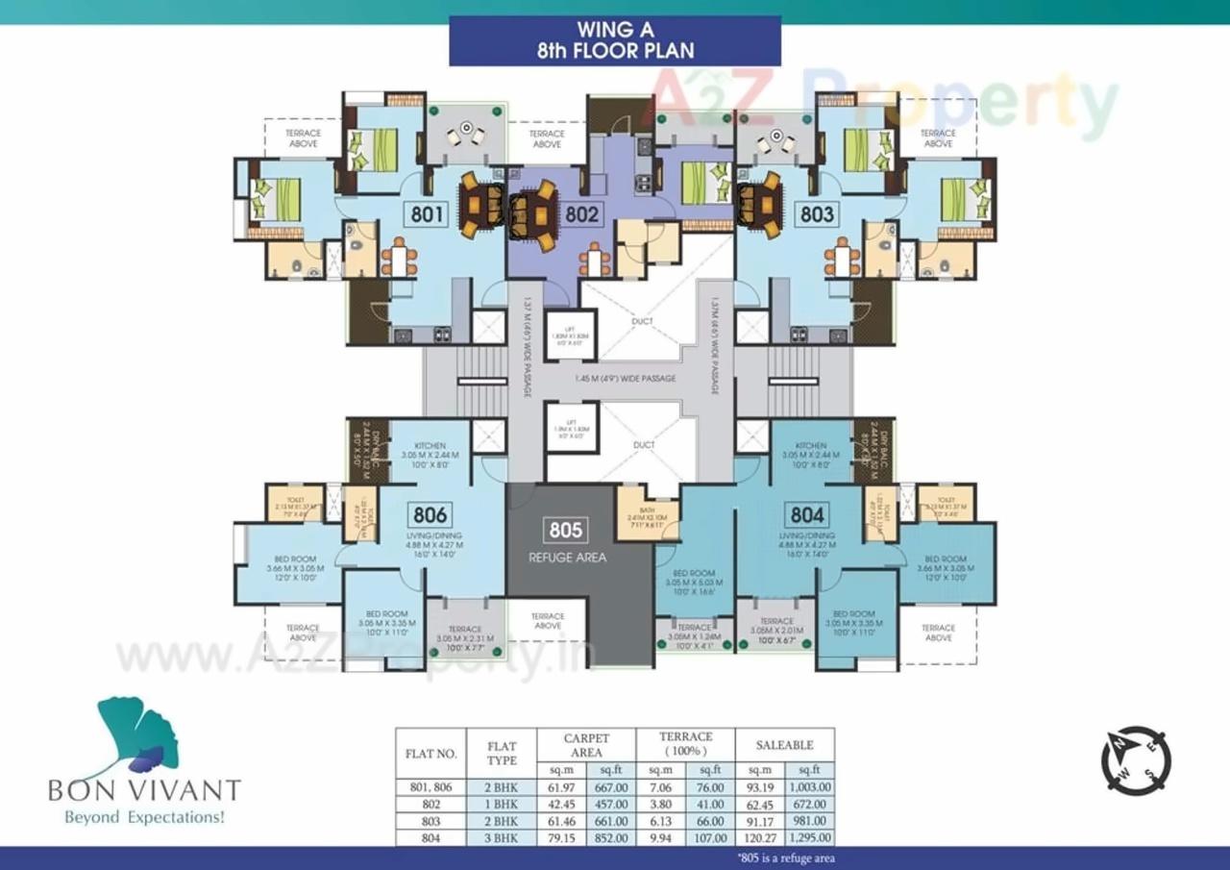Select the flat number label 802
[x=581, y=213]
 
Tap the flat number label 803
[x=818, y=213]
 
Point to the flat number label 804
[x=806, y=513]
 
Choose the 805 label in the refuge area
[x=567, y=529]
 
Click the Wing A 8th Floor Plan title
[x=615, y=41]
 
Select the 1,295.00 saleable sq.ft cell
[x=809, y=838]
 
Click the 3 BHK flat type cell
[x=503, y=838]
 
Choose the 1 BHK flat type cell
[x=503, y=805]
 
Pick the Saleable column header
[x=784, y=745]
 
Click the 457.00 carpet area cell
[x=612, y=805]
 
